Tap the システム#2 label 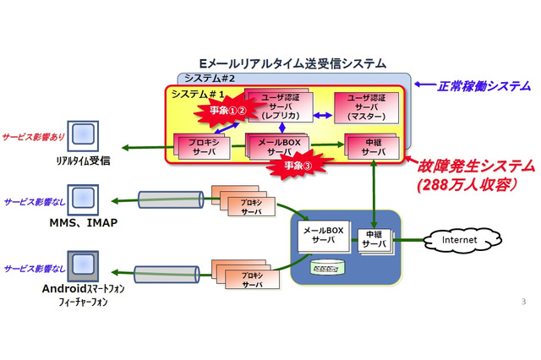click(x=208, y=79)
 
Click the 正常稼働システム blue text click(x=484, y=86)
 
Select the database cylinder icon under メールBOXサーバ click(x=329, y=268)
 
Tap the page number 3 click(x=524, y=302)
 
